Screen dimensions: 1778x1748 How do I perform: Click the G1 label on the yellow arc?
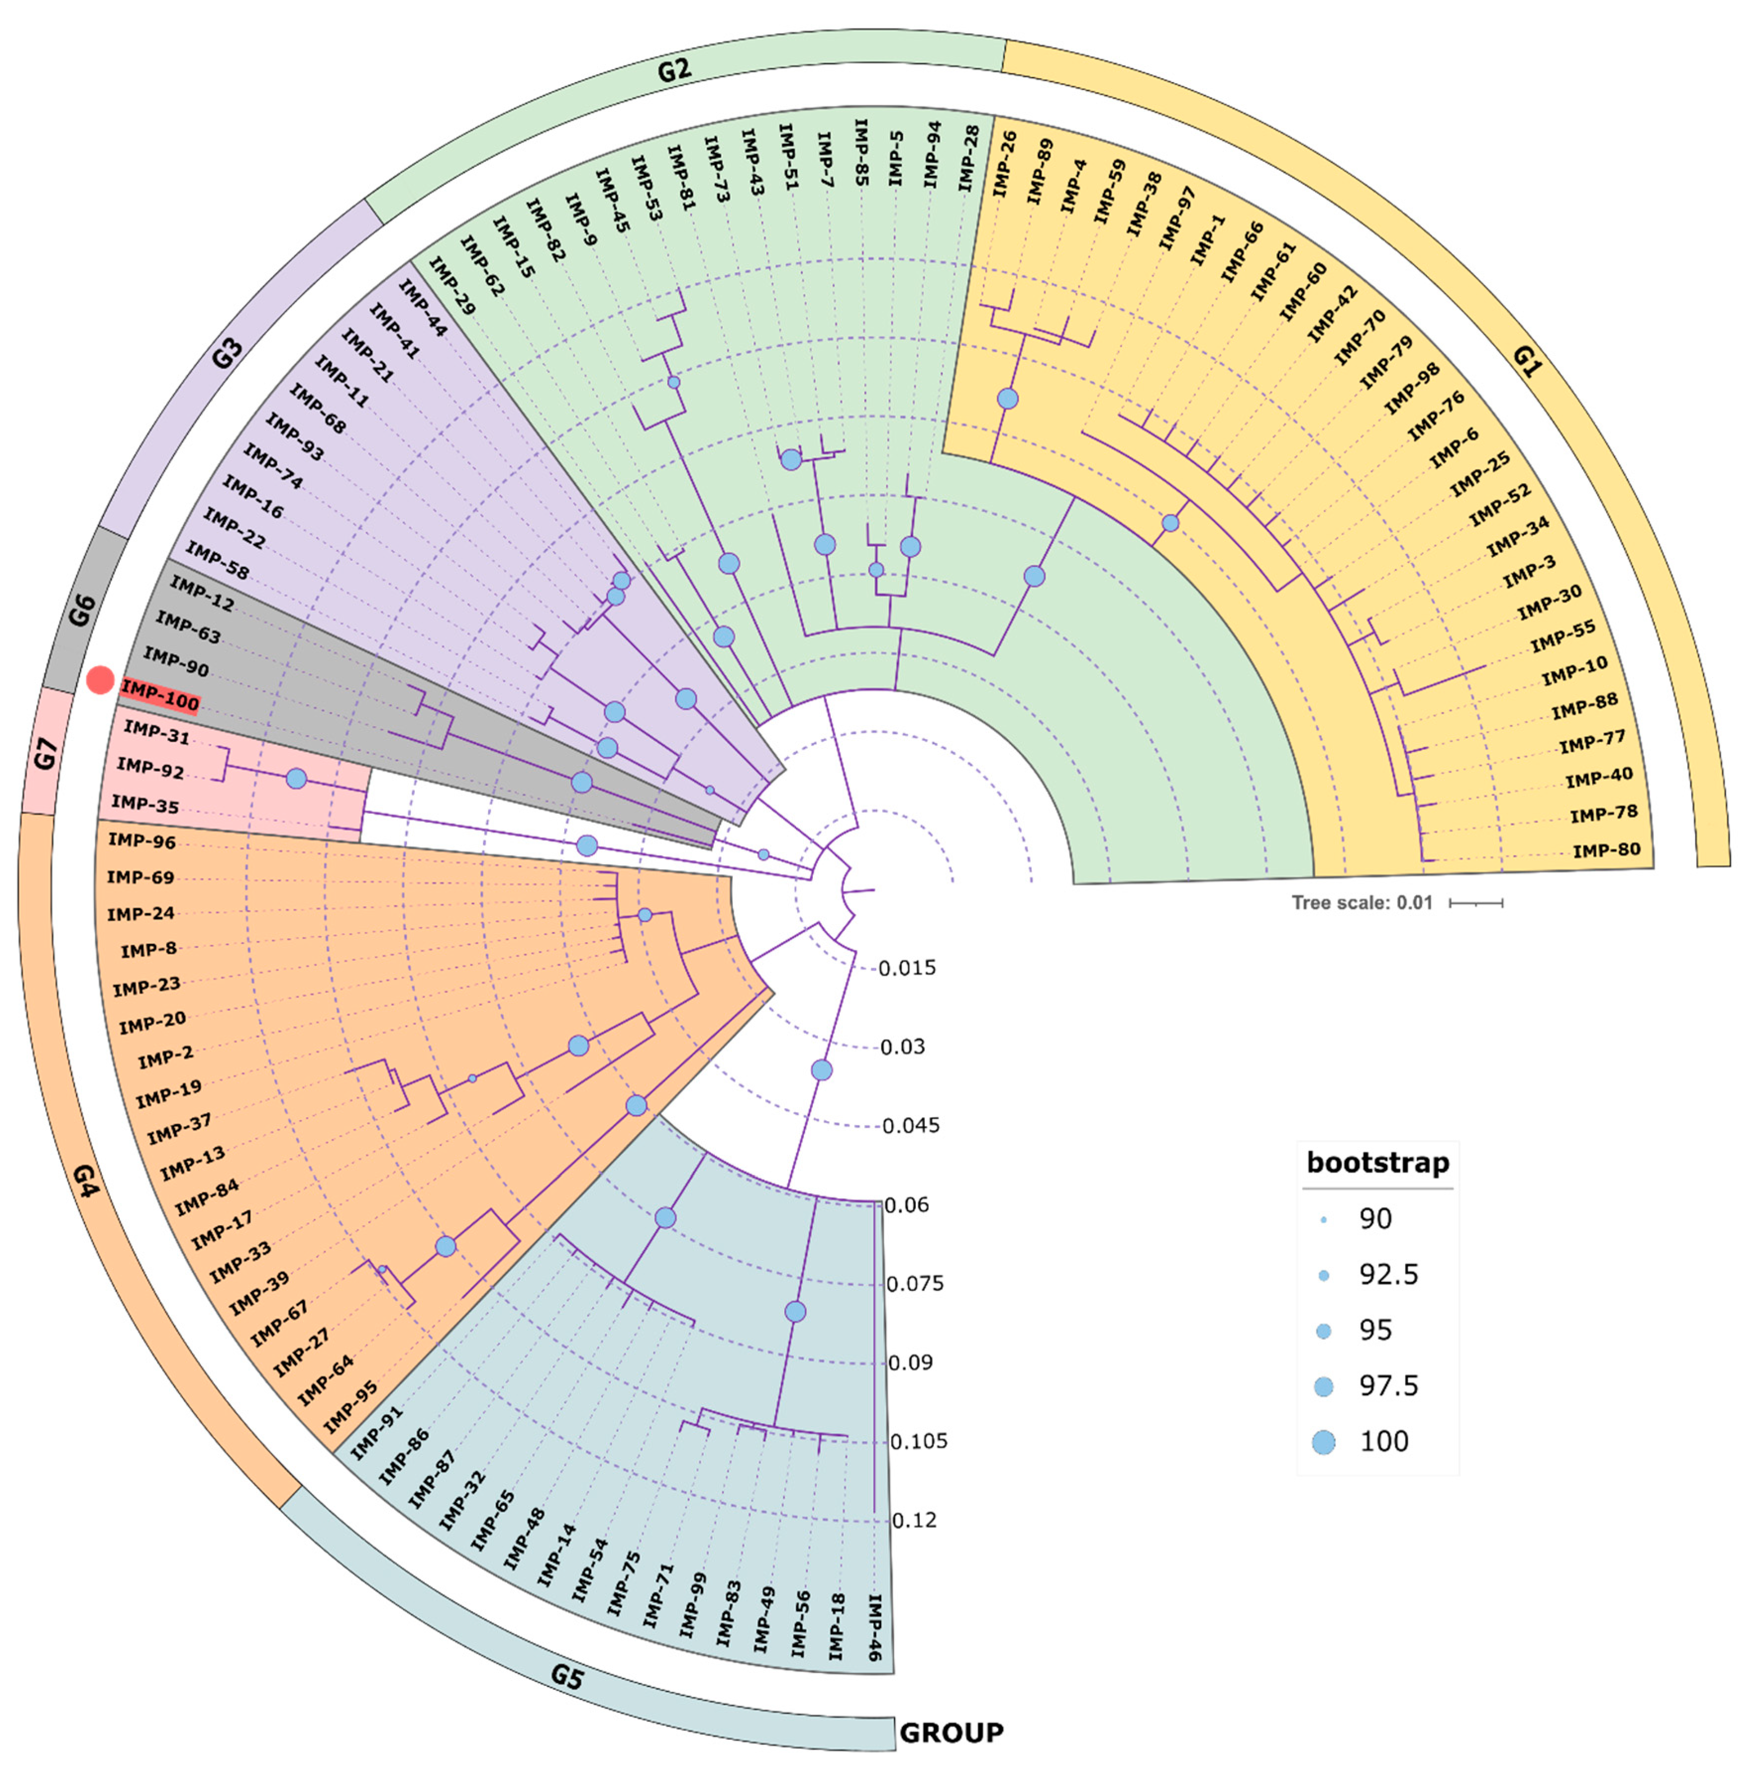(1527, 362)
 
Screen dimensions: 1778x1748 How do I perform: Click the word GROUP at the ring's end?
(951, 1732)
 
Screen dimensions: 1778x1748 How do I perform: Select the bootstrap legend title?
(1377, 1163)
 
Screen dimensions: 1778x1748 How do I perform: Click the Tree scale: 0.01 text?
(1361, 902)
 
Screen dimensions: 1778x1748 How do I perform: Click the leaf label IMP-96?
(142, 841)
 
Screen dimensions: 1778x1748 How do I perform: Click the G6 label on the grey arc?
(82, 610)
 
